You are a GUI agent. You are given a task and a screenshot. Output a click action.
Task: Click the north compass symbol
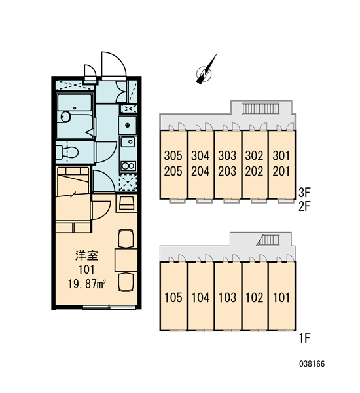[205, 71]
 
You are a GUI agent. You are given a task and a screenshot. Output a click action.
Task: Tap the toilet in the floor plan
[67, 152]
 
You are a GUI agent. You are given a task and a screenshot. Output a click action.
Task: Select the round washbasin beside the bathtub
[65, 117]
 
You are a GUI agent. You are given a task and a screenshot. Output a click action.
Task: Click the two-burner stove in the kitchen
[128, 166]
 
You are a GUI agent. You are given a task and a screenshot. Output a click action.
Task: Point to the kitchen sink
[128, 142]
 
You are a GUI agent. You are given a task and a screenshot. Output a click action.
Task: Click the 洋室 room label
[86, 255]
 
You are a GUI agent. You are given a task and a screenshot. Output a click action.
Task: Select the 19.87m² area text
[86, 284]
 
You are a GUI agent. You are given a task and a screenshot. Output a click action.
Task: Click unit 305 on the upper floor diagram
[173, 156]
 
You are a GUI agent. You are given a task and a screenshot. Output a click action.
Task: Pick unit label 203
[227, 171]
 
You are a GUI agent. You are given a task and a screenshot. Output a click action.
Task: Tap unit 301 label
[281, 156]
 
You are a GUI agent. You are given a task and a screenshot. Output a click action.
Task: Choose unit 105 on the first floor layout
[173, 297]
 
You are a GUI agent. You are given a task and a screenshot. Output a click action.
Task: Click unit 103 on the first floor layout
[227, 297]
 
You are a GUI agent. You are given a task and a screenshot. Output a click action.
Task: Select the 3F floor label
[304, 193]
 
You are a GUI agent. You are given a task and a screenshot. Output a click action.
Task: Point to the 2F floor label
[304, 207]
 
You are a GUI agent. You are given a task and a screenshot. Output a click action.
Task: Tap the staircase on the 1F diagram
[268, 240]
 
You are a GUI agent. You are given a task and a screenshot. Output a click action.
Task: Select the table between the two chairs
[126, 260]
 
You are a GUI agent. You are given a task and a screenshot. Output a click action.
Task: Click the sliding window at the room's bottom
[109, 307]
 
